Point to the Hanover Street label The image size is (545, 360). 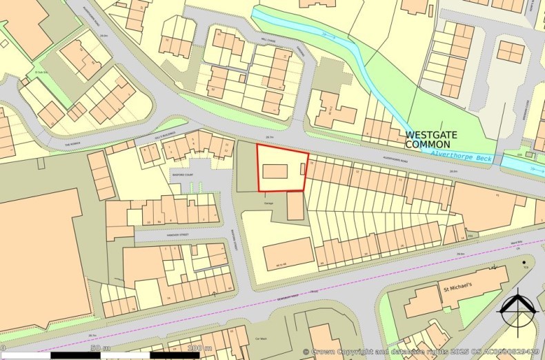(172, 234)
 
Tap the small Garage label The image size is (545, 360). (270, 203)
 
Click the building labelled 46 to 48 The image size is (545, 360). (288, 253)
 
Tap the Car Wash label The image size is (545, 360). (261, 339)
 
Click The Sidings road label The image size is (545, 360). (73, 143)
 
